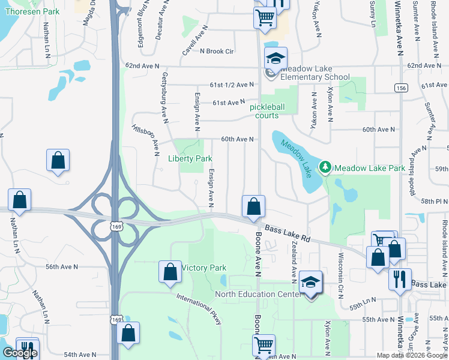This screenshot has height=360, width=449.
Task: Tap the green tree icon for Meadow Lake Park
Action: pos(325,167)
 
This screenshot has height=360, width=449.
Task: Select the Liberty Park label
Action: pos(190,159)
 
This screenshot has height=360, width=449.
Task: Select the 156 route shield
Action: pos(400,88)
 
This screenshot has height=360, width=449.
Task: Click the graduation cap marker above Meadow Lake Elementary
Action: pos(276,59)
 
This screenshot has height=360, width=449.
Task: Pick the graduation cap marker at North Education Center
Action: pos(310,283)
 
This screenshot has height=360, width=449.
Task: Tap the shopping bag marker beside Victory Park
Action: pos(170,272)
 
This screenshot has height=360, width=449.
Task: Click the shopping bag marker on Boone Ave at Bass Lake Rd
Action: pos(253,206)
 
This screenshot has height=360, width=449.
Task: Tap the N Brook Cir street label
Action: pos(217,52)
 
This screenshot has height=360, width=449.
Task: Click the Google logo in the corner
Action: pos(20,353)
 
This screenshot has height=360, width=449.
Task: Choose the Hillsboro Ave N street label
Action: pos(145,137)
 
